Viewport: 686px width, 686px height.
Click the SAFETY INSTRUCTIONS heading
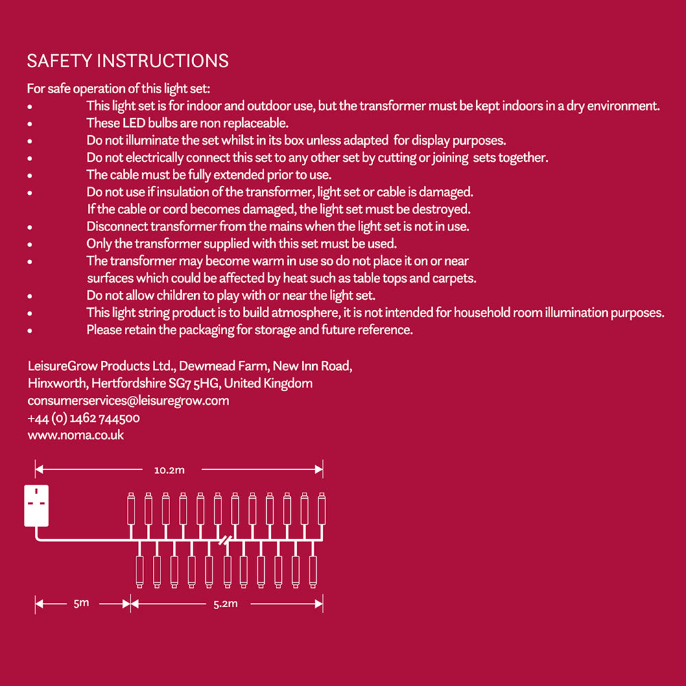128,61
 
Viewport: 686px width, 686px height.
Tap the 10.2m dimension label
169,470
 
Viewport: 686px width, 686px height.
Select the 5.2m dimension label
225,604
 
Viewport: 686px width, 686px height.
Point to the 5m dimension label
81,604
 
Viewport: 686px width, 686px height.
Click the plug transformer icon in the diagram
36,506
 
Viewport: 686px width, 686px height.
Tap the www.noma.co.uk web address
75,435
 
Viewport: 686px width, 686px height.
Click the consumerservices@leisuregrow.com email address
128,401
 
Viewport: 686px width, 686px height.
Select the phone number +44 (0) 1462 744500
84,418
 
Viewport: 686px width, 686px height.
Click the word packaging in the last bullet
204,330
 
